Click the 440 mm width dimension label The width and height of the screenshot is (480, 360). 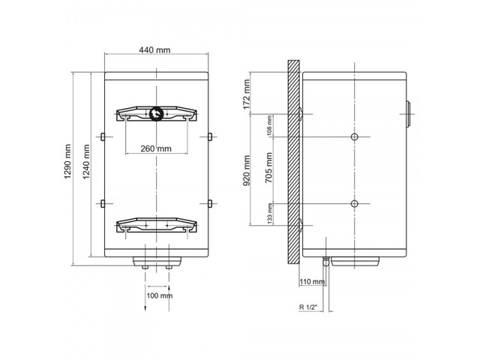(x=154, y=50)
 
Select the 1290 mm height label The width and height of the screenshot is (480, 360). (x=67, y=161)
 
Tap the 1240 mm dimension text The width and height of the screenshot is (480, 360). (x=86, y=162)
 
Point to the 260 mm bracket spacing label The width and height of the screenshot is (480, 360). (x=156, y=148)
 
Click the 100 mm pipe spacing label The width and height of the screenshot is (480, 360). (x=159, y=295)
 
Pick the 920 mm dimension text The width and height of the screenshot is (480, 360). (x=247, y=170)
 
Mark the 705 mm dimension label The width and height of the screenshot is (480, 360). (x=268, y=168)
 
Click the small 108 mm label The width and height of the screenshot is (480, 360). (x=269, y=124)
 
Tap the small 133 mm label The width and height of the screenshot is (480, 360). (x=269, y=213)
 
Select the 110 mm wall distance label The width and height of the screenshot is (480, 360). (x=312, y=282)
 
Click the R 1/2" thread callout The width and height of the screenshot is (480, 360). (x=307, y=307)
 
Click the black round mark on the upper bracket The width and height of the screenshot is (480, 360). (x=157, y=113)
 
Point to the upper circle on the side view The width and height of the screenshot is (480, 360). (x=355, y=136)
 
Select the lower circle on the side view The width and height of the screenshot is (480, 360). (x=355, y=203)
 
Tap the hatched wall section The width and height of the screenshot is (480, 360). (x=293, y=162)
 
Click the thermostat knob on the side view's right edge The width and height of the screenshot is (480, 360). (x=408, y=114)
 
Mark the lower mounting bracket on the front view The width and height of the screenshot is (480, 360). (x=157, y=225)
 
